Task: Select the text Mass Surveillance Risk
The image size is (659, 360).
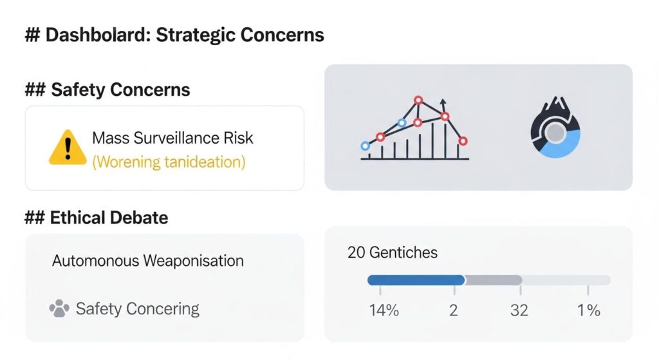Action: point(172,138)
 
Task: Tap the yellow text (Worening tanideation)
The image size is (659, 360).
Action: point(169,161)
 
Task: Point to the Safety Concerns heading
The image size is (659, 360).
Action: point(107,90)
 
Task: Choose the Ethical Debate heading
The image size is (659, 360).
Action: point(97,218)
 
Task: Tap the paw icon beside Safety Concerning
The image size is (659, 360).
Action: point(59,309)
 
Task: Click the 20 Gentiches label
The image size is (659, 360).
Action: point(393,252)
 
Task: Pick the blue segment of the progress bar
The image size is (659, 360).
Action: point(416,280)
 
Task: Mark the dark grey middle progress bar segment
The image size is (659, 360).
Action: point(493,280)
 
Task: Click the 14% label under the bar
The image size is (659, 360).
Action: point(384,310)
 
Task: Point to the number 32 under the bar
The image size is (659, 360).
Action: point(519,310)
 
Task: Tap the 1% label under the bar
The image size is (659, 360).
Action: point(588,310)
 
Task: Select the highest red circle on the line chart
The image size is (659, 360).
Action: point(418,100)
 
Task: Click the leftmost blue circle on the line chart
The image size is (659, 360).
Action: point(366,146)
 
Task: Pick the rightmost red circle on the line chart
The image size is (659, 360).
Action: point(463,140)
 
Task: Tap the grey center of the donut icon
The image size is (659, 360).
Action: point(555,133)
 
